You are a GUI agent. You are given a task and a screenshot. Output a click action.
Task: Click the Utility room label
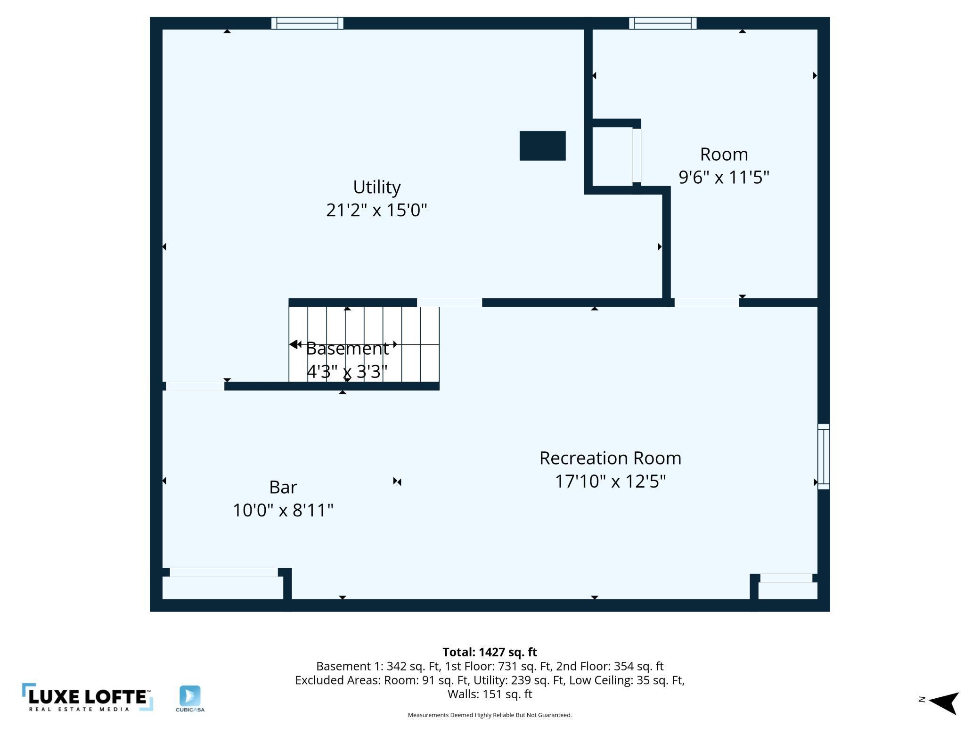pyautogui.click(x=377, y=188)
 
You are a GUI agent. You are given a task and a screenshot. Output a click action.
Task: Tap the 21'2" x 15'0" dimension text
pyautogui.click(x=376, y=210)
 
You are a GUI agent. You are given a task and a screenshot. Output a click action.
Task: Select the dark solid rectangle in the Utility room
pyautogui.click(x=542, y=146)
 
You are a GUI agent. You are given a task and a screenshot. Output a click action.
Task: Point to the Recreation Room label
pyautogui.click(x=610, y=458)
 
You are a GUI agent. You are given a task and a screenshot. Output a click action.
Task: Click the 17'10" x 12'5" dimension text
pyautogui.click(x=610, y=481)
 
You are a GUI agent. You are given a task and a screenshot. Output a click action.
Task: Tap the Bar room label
pyautogui.click(x=283, y=487)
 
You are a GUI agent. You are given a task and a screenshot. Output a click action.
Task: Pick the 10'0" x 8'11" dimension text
pyautogui.click(x=283, y=510)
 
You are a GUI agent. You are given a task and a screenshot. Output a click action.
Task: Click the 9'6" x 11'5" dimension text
pyautogui.click(x=724, y=177)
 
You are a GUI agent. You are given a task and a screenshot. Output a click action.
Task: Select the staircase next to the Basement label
pyautogui.click(x=364, y=344)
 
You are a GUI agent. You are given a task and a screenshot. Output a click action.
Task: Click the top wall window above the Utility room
pyautogui.click(x=307, y=23)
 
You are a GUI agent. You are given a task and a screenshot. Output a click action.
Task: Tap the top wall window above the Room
pyautogui.click(x=662, y=23)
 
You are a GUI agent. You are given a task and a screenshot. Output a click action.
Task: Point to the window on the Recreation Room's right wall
pyautogui.click(x=823, y=456)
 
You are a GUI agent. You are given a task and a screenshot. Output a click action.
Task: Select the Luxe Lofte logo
pyautogui.click(x=88, y=697)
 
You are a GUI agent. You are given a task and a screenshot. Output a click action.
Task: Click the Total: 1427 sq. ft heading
pyautogui.click(x=490, y=652)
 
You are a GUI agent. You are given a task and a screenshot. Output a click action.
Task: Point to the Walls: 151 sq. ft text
pyautogui.click(x=490, y=694)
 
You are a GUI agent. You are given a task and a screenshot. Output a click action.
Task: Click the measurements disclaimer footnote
pyautogui.click(x=490, y=715)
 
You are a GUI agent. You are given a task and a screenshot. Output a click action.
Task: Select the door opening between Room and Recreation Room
pyautogui.click(x=707, y=302)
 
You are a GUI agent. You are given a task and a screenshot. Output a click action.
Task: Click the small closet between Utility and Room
pyautogui.click(x=612, y=156)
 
